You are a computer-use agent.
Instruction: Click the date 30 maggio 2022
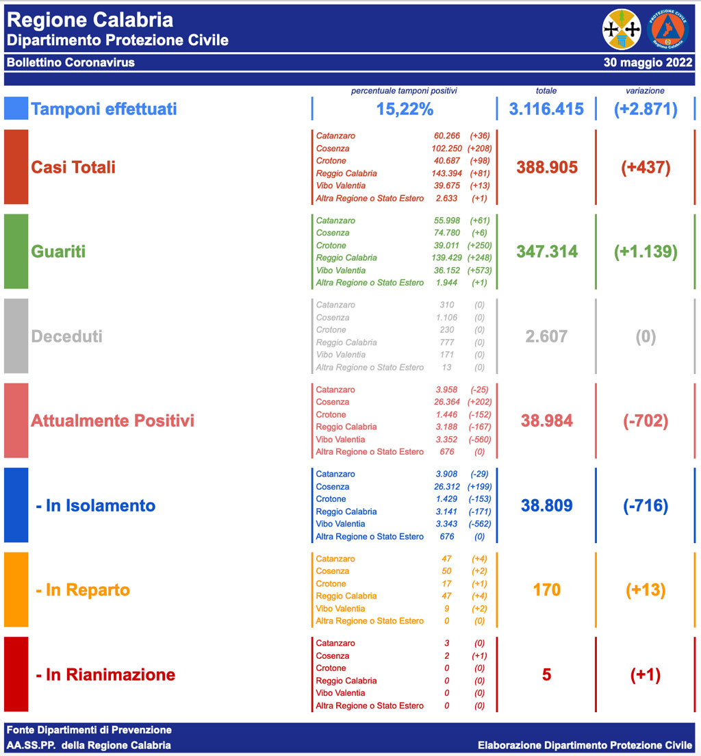[648, 62]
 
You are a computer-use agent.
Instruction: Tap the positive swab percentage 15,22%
[405, 109]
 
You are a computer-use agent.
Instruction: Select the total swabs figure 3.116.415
[546, 109]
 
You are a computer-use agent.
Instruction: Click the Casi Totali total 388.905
[547, 167]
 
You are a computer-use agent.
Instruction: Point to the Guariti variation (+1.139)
[646, 251]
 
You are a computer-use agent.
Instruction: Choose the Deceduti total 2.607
[546, 336]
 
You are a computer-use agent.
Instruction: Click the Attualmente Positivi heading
[112, 420]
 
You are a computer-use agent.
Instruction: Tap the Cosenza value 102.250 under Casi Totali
[445, 149]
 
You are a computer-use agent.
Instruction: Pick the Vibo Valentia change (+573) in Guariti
[479, 270]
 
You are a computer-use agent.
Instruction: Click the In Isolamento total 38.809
[546, 505]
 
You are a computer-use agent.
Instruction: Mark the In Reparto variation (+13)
[646, 590]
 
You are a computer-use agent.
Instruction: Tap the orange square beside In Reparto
[16, 590]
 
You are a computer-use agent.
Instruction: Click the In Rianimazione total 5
[546, 675]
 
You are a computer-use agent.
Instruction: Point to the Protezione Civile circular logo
[668, 29]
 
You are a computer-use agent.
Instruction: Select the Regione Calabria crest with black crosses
[622, 29]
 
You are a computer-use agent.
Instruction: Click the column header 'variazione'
[645, 90]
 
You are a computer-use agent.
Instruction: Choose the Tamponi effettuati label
[104, 109]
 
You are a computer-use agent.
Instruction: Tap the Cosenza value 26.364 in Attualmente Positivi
[445, 402]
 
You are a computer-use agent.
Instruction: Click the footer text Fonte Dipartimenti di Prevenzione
[89, 730]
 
